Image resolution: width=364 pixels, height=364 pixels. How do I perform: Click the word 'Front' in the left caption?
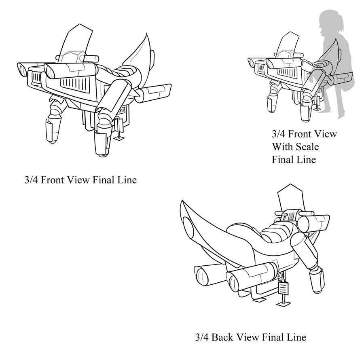click(x=55, y=180)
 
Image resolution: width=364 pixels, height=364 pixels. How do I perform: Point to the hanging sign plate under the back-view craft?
click(x=284, y=288)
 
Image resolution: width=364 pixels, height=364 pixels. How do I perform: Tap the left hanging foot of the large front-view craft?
click(x=52, y=129)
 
